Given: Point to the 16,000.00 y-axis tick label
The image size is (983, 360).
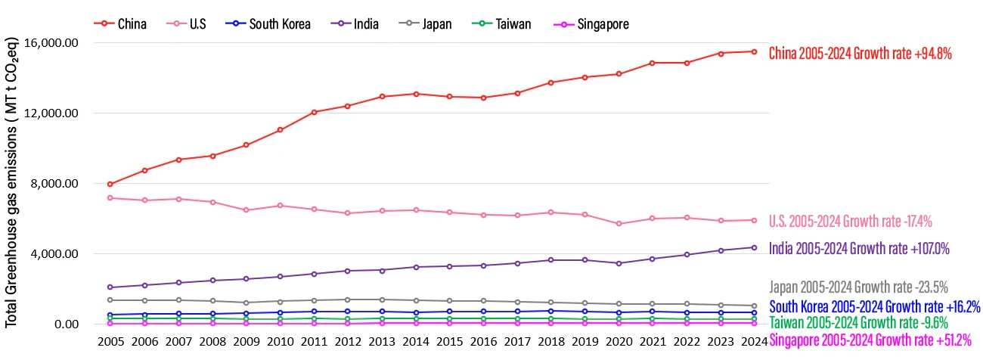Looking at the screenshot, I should [x=52, y=43].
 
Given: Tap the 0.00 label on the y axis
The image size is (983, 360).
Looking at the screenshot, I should [x=66, y=324].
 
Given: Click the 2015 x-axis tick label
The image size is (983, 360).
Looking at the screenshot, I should [x=450, y=342].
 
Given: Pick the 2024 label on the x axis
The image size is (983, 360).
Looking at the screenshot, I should [x=755, y=342].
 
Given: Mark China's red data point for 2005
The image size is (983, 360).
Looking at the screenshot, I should [x=110, y=184].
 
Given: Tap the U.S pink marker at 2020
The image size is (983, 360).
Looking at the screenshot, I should [x=619, y=224].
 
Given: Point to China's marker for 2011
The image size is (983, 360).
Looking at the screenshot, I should [x=314, y=112].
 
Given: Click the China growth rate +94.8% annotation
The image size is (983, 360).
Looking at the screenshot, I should [x=860, y=53].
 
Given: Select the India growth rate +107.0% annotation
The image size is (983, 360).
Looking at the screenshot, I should [x=859, y=248].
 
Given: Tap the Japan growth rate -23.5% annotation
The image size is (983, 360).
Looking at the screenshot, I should [x=858, y=287].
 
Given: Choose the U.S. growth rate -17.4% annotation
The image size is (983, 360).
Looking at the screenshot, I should [x=851, y=222].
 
